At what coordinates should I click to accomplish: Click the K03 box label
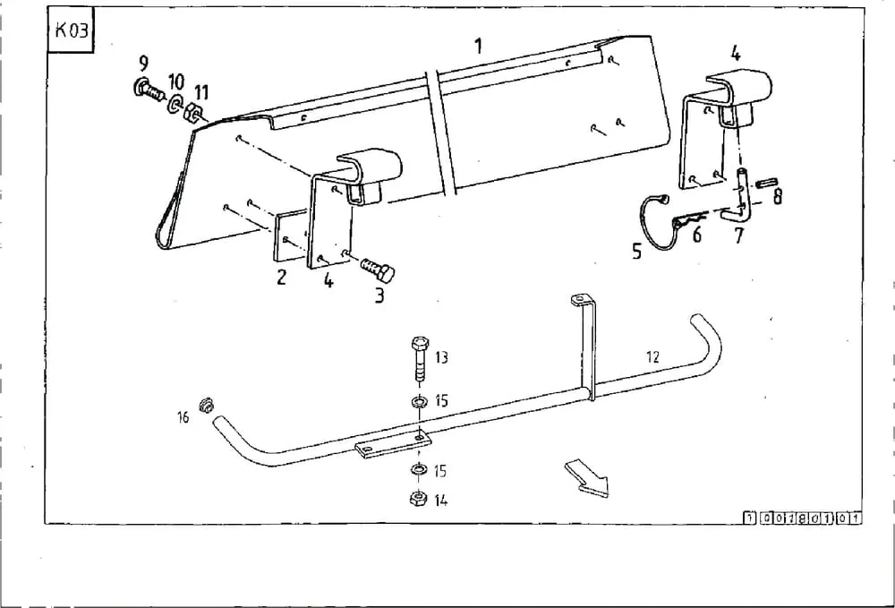pos(70,30)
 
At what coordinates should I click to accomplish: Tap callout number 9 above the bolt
pos(143,63)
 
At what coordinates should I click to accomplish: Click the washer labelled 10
pos(175,105)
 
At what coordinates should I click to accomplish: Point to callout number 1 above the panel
pos(478,46)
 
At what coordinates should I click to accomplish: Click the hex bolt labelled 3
pos(378,268)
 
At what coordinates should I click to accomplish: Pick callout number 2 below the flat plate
pos(281,277)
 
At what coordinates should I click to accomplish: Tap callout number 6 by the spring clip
pos(696,234)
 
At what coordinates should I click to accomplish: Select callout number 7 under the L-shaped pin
pos(739,235)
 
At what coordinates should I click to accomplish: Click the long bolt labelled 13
pos(420,359)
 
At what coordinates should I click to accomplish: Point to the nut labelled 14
pos(418,499)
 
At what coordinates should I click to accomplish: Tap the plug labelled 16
pos(206,405)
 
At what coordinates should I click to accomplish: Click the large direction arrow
pos(587,478)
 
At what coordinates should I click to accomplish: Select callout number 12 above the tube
pos(652,356)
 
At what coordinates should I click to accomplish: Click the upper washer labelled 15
pos(420,402)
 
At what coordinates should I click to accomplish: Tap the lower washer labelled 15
pos(418,470)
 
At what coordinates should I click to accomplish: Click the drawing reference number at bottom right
pos(803,518)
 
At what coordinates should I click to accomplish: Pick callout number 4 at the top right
pos(735,55)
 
